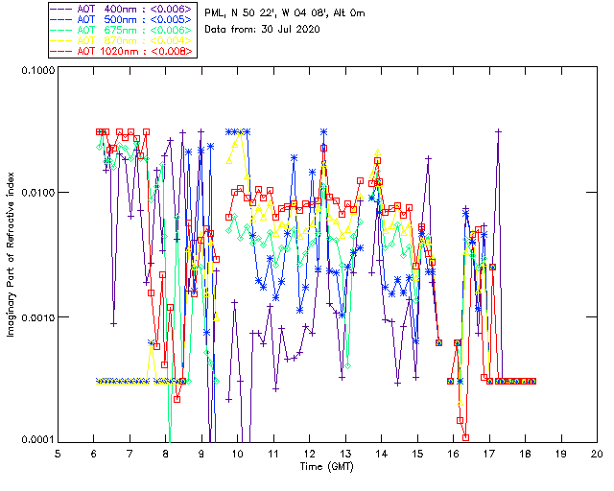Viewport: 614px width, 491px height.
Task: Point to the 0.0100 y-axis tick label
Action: [35, 193]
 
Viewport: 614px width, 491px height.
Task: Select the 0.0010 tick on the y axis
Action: [35, 317]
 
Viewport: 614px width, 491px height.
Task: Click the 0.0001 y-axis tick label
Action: [35, 441]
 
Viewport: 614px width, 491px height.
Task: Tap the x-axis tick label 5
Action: [59, 453]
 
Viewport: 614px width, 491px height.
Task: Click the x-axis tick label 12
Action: [310, 453]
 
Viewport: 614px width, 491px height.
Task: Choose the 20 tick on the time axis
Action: [597, 453]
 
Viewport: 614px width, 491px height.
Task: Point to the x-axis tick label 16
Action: [454, 453]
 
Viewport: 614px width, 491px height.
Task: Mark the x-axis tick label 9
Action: [202, 453]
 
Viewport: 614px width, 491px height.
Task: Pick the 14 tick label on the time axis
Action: [382, 453]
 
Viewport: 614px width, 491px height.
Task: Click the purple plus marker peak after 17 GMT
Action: [499, 130]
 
